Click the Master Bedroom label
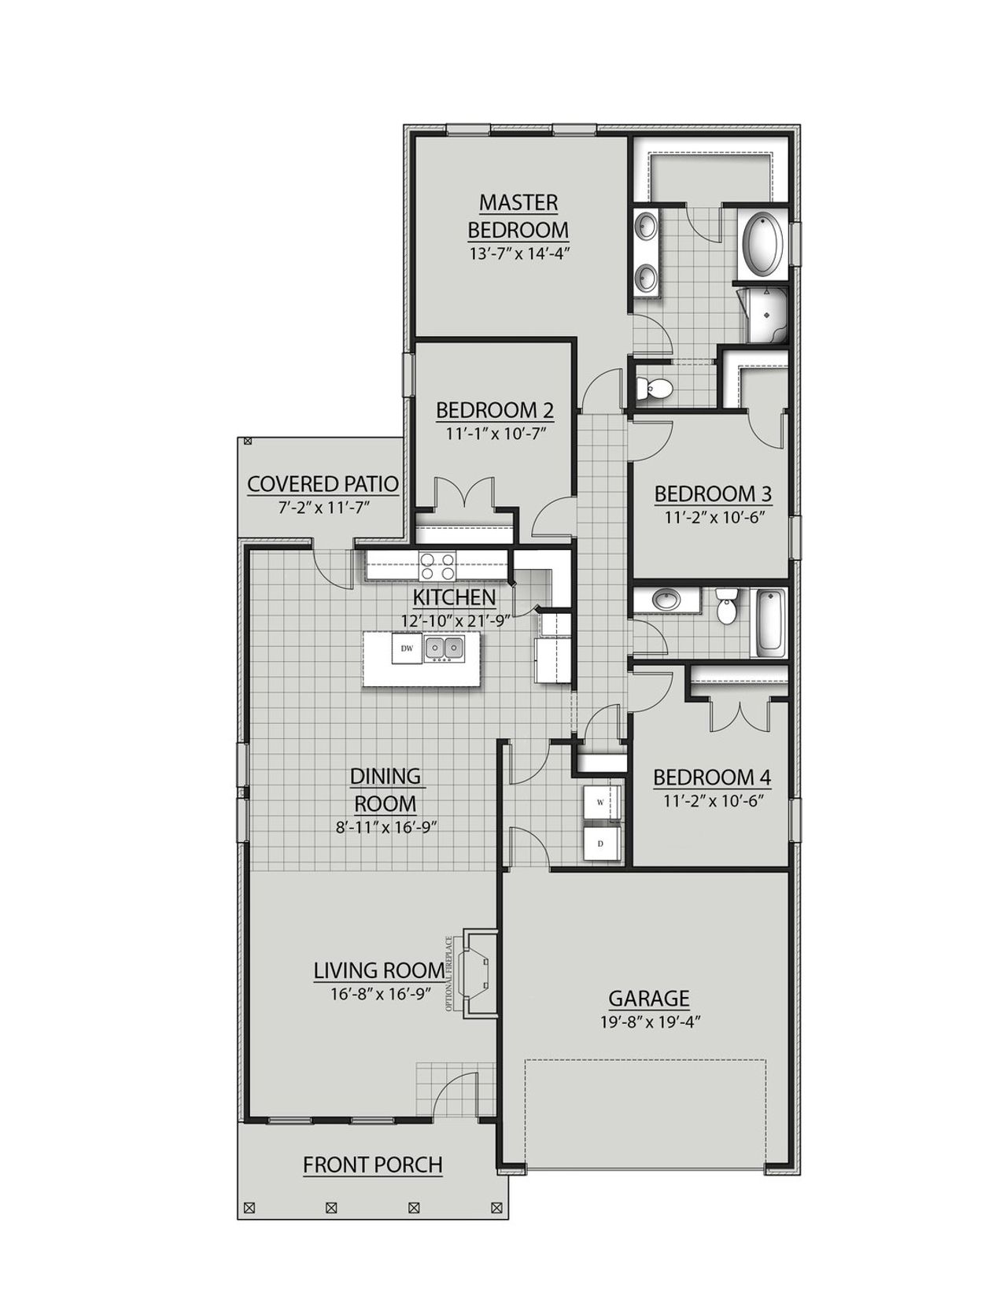pyautogui.click(x=518, y=216)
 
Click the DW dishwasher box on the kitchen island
pyautogui.click(x=408, y=648)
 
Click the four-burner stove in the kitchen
pyautogui.click(x=437, y=564)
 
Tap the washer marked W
pyautogui.click(x=601, y=803)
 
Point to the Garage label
pyautogui.click(x=649, y=999)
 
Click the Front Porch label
pyautogui.click(x=373, y=1165)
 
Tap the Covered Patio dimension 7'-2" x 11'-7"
pyautogui.click(x=323, y=508)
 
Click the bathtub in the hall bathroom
pyautogui.click(x=769, y=622)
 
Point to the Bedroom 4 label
pyautogui.click(x=712, y=777)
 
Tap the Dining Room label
pyautogui.click(x=385, y=790)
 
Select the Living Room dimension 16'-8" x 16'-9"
pyautogui.click(x=381, y=994)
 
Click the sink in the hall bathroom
pyautogui.click(x=667, y=601)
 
